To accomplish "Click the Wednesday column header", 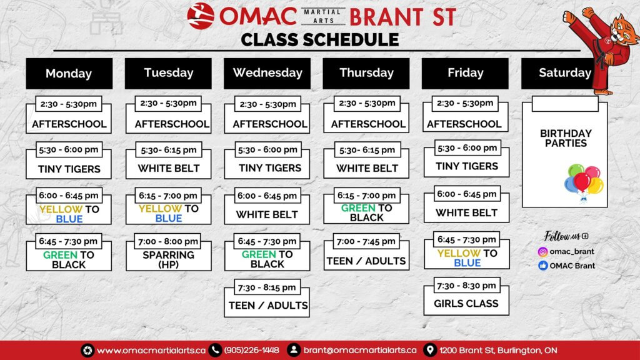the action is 267,73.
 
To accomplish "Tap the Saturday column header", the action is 559,73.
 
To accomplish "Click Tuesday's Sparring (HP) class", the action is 169,252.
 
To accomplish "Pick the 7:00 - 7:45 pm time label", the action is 366,241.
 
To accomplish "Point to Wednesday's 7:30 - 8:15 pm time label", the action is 267,287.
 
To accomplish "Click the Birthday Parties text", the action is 566,138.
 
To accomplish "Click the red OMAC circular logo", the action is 201,16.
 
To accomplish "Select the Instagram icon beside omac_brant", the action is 542,252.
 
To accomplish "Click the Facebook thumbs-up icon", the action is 542,266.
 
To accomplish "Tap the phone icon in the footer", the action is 215,350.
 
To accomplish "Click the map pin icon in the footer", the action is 429,350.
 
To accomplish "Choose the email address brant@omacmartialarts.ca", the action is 360,350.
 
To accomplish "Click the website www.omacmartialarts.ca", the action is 151,350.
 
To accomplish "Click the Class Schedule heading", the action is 319,39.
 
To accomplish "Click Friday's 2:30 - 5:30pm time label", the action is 465,103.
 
